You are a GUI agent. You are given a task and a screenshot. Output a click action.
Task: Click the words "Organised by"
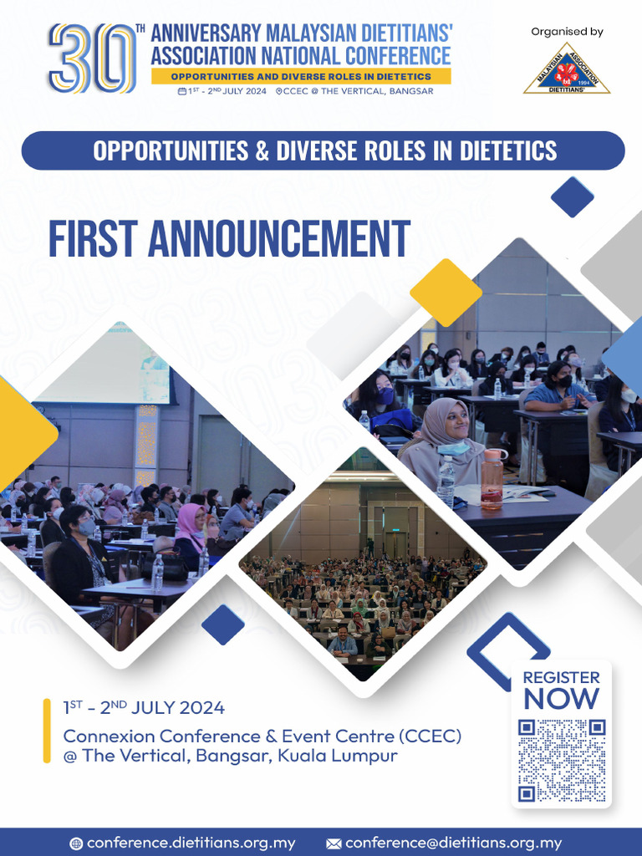(x=567, y=32)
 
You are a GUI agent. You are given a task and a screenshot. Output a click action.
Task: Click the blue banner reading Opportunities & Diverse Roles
(x=323, y=150)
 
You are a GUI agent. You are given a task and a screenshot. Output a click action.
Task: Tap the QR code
(x=561, y=759)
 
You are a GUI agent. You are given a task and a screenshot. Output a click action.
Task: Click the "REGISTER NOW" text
(x=561, y=690)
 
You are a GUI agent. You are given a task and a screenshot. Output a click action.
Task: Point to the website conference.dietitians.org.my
(x=191, y=843)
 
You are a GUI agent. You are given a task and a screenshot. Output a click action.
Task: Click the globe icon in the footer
(x=76, y=843)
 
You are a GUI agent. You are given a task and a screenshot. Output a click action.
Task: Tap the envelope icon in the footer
(x=334, y=843)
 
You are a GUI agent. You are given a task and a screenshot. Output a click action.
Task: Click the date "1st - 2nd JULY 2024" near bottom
(x=144, y=708)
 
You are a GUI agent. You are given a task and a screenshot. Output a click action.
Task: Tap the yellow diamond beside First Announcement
(x=446, y=293)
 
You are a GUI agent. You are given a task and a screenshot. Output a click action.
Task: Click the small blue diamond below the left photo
(x=223, y=624)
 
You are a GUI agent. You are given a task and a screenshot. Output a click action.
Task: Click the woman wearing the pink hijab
(x=191, y=527)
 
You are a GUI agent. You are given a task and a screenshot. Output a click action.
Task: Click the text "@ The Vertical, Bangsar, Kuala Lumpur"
(x=231, y=756)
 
